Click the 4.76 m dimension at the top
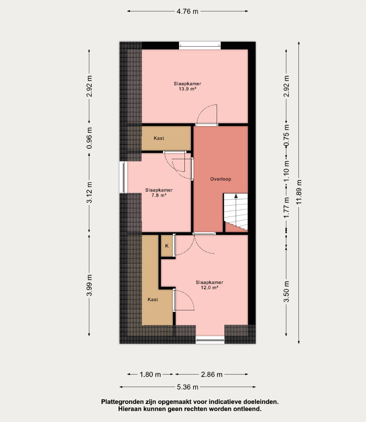(187, 11)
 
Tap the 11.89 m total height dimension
(299, 192)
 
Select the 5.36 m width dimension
(187, 387)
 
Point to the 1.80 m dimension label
(150, 374)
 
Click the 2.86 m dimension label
(212, 374)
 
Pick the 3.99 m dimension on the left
(89, 285)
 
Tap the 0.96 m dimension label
(89, 138)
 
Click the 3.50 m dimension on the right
(287, 291)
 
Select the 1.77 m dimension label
(287, 208)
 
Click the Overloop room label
(221, 179)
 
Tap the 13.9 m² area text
(187, 89)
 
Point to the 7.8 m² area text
(159, 195)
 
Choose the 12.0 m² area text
(210, 287)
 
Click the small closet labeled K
(167, 246)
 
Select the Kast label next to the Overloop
(159, 138)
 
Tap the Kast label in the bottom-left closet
(153, 300)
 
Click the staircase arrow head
(236, 196)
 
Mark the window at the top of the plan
(200, 45)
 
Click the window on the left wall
(124, 177)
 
